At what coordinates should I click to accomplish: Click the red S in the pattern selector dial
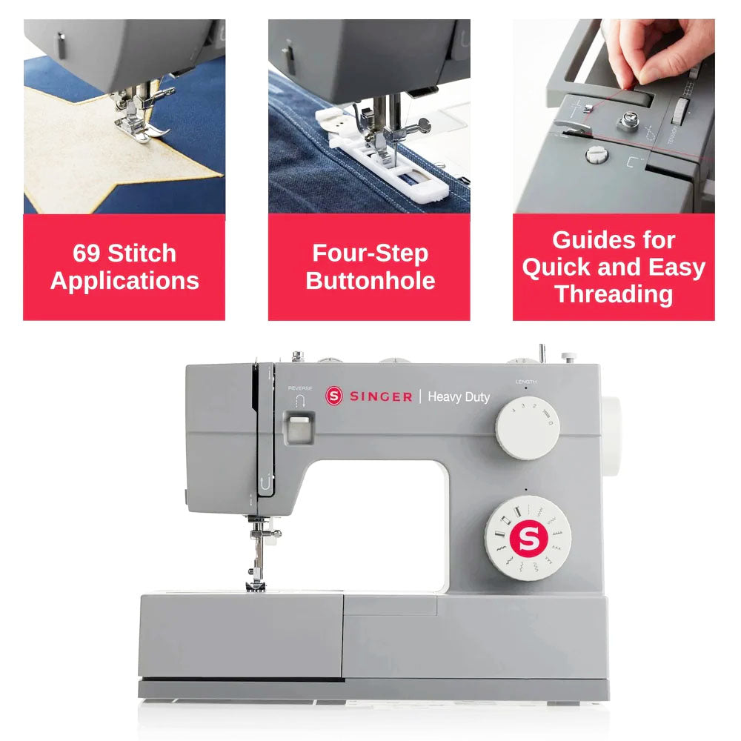[x=528, y=538]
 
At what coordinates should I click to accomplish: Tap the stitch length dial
[x=528, y=428]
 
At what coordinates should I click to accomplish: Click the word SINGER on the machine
[x=381, y=396]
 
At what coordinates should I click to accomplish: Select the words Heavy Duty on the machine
[x=459, y=397]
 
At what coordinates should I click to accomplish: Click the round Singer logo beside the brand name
[x=333, y=396]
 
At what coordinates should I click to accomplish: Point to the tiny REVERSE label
[x=300, y=388]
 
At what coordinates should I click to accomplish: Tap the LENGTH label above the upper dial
[x=526, y=382]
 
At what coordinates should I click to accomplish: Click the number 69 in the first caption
[x=87, y=253]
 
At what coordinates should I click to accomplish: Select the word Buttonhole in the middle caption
[x=370, y=280]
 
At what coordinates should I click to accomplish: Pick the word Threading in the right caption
[x=614, y=294]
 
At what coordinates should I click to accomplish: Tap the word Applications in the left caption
[x=124, y=281]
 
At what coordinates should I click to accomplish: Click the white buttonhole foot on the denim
[x=383, y=156]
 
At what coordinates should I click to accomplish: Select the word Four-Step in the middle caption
[x=370, y=253]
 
